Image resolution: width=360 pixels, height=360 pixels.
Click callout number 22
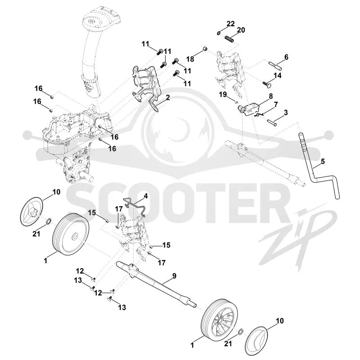[x=231, y=23]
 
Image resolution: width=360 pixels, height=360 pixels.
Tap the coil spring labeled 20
[x=229, y=39]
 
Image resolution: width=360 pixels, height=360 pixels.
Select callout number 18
[x=190, y=59]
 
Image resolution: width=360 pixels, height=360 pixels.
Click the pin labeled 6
[x=275, y=65]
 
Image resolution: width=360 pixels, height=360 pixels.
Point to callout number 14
[x=277, y=75]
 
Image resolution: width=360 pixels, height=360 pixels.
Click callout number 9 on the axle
[x=174, y=276]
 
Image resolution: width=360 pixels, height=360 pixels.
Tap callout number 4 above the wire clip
[x=145, y=196]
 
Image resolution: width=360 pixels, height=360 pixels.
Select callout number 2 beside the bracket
[x=168, y=97]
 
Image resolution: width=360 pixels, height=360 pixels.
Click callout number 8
[x=271, y=96]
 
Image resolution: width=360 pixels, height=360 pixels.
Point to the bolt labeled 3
[x=272, y=121]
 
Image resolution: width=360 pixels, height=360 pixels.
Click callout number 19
[x=223, y=94]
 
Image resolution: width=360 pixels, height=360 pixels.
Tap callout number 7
[x=276, y=104]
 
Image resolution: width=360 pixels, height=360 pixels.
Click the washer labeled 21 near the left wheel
[x=49, y=221]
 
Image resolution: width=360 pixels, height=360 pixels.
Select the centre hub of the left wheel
[x=75, y=237]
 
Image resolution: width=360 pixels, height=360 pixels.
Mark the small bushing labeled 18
[x=205, y=49]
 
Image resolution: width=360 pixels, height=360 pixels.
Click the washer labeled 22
[x=219, y=33]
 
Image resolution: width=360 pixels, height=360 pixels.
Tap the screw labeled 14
[x=266, y=84]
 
